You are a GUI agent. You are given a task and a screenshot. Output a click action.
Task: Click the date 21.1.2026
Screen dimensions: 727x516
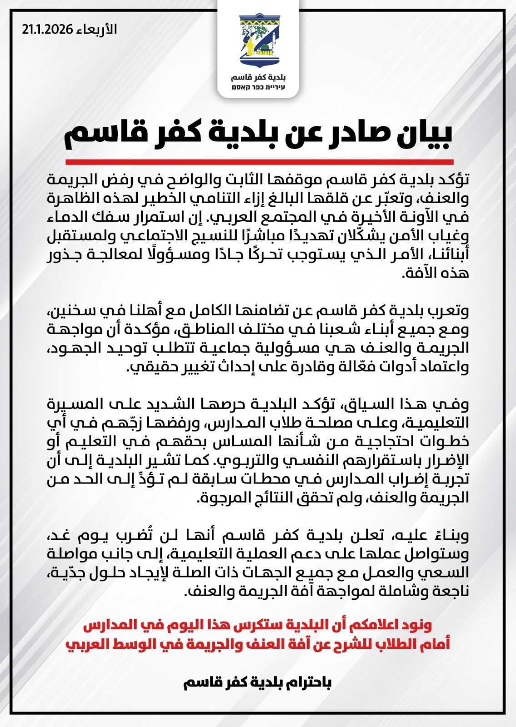click(x=47, y=30)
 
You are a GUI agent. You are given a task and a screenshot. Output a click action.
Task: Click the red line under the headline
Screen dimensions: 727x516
click(x=259, y=162)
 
